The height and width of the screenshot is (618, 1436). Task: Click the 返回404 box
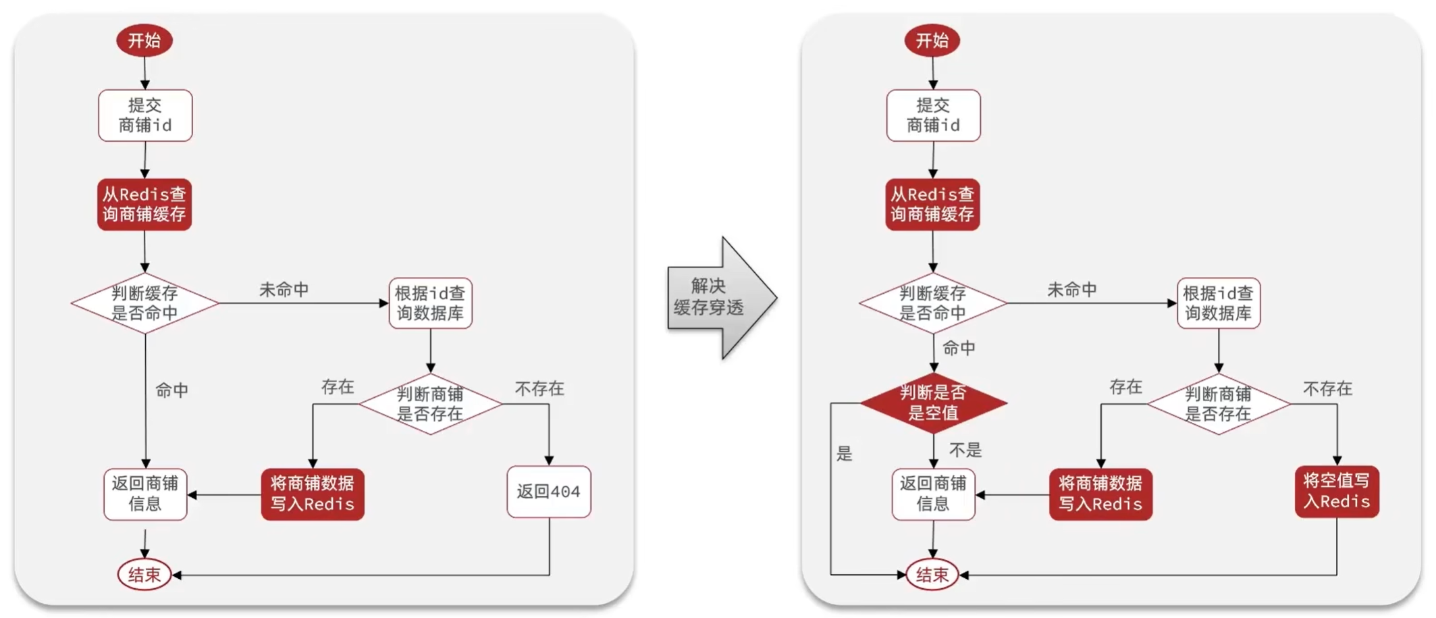(x=548, y=492)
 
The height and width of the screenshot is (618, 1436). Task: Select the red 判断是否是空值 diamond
(x=933, y=403)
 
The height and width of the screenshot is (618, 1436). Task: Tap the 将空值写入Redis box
(x=1336, y=492)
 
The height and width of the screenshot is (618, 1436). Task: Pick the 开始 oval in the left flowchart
(x=144, y=41)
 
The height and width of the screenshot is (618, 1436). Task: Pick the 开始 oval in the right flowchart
(x=932, y=41)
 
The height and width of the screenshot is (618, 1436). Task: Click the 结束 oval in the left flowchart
(x=144, y=575)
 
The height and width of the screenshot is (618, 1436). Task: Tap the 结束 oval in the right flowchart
(x=932, y=575)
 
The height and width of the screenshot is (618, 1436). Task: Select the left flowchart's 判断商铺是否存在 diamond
(x=430, y=404)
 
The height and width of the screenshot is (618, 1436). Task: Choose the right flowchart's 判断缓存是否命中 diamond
(x=932, y=303)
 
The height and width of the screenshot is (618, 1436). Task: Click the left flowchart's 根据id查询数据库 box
(x=430, y=303)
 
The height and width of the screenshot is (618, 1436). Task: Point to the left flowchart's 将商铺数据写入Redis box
(x=313, y=494)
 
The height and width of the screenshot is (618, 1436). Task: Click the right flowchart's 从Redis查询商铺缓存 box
(x=932, y=204)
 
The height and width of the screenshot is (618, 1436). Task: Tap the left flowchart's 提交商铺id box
(x=145, y=115)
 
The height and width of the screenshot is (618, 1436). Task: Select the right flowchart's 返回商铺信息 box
(x=933, y=494)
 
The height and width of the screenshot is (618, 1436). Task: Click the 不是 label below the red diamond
(x=965, y=450)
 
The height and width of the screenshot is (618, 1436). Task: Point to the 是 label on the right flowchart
(x=845, y=453)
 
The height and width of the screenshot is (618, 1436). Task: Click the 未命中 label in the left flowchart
(x=284, y=290)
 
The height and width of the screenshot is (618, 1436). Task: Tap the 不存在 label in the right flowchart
(x=1327, y=388)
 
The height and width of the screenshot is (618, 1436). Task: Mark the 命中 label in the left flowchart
(x=172, y=390)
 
